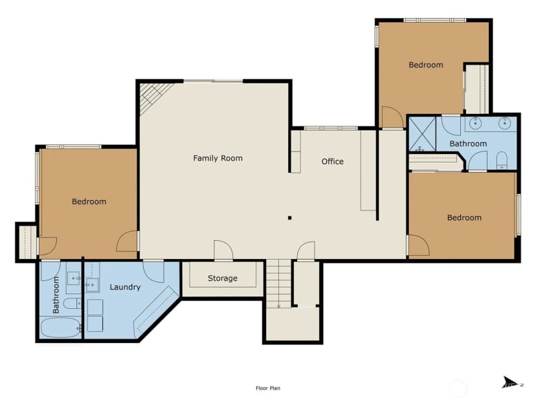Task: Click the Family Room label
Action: (218, 158)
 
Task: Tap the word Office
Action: (333, 161)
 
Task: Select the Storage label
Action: (223, 278)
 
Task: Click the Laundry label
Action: (125, 287)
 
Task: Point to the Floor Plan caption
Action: (268, 388)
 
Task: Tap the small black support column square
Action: (289, 218)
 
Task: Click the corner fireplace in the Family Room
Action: (154, 96)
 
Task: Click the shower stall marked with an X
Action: (423, 133)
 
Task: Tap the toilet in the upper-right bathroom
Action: (502, 161)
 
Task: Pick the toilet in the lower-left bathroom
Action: (73, 303)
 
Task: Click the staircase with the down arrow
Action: (278, 284)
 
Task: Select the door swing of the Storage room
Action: (223, 251)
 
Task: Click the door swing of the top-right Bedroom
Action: (392, 117)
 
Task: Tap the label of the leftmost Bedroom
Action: (89, 202)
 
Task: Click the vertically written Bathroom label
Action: (56, 295)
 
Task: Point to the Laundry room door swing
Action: (153, 271)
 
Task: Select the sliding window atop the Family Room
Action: (214, 81)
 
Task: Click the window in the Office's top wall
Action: (331, 128)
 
